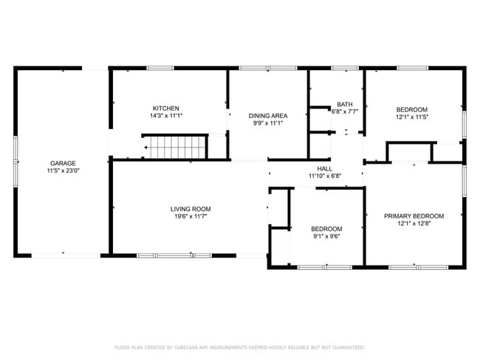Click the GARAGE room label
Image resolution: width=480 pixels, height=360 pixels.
pyautogui.click(x=63, y=163)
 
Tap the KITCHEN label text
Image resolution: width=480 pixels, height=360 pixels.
pyautogui.click(x=166, y=108)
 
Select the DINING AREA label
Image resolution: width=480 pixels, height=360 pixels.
pyautogui.click(x=267, y=116)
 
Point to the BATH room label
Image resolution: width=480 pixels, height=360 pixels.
pyautogui.click(x=344, y=104)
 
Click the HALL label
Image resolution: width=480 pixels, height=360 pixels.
pyautogui.click(x=325, y=168)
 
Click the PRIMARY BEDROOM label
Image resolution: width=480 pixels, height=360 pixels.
pyautogui.click(x=414, y=216)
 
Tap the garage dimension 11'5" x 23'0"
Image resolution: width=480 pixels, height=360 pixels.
pyautogui.click(x=63, y=170)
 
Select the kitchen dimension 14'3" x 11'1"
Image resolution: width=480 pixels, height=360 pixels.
pyautogui.click(x=166, y=116)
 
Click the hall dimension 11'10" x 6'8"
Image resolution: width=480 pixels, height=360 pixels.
pyautogui.click(x=325, y=176)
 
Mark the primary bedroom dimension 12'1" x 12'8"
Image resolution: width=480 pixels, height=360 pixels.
pyautogui.click(x=414, y=224)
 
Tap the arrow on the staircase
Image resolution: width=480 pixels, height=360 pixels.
pyautogui.click(x=148, y=148)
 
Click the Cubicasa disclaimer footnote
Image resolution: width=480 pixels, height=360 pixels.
pyautogui.click(x=239, y=347)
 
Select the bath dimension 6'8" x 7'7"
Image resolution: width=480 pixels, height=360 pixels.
pyautogui.click(x=344, y=111)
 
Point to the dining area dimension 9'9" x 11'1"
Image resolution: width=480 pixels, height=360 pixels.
pyautogui.click(x=267, y=123)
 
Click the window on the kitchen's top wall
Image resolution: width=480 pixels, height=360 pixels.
pyautogui.click(x=160, y=69)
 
